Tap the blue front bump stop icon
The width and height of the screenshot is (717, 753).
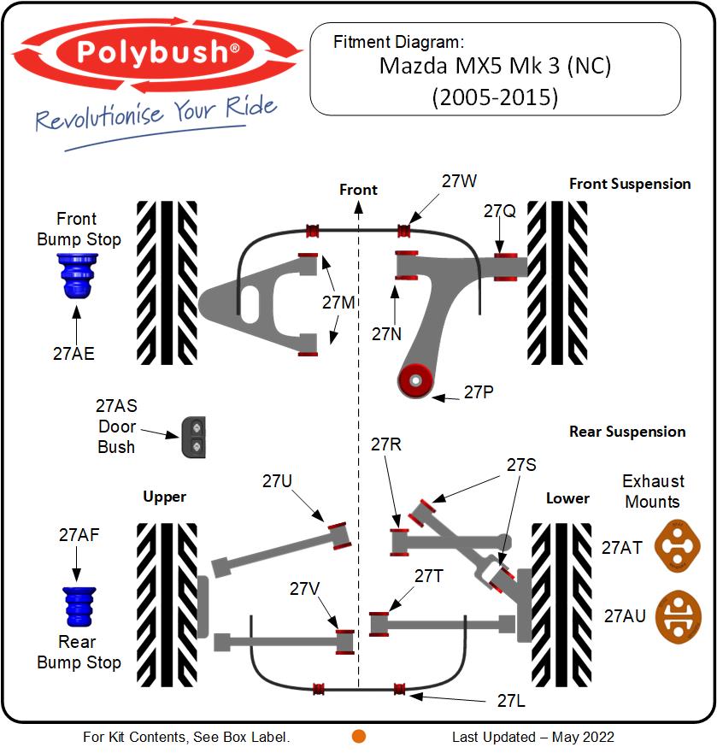coord(77,275)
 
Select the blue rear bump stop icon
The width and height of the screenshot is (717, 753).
coord(79,606)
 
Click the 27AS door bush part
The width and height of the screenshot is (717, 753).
coord(194,438)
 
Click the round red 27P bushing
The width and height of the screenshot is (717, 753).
coord(417,379)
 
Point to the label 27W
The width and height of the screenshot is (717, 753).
coord(459,181)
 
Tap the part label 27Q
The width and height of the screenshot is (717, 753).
coord(499,211)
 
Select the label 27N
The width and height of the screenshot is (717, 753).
coord(386,334)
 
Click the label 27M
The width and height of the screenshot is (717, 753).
coord(338,303)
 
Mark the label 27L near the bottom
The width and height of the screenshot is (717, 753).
coord(512,700)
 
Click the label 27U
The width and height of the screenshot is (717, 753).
coord(277,481)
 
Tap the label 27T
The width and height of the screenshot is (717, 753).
coord(429,576)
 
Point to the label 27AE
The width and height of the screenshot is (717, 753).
coord(73,354)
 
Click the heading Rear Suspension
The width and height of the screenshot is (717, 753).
coord(627,432)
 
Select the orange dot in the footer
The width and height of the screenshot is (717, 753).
coord(359,736)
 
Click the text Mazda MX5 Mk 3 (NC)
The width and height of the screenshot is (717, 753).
coord(495,66)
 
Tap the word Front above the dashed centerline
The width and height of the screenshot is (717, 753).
coord(358,189)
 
